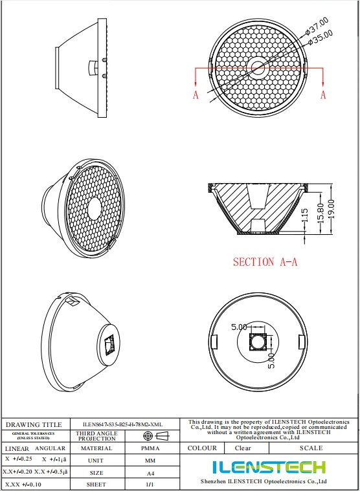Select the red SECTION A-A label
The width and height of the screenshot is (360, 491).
(x=265, y=262)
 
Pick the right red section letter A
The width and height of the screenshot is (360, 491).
(x=323, y=95)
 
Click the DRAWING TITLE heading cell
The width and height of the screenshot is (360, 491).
(x=34, y=424)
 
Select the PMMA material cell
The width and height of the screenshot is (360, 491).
(x=150, y=448)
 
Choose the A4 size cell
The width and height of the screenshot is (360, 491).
(x=150, y=472)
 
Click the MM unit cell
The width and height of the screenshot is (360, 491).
(x=150, y=460)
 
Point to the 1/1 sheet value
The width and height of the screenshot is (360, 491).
(x=150, y=484)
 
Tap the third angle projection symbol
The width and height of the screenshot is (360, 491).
(x=150, y=436)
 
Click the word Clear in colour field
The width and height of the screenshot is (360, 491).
(x=243, y=448)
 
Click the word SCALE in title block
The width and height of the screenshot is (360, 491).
(x=311, y=448)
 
